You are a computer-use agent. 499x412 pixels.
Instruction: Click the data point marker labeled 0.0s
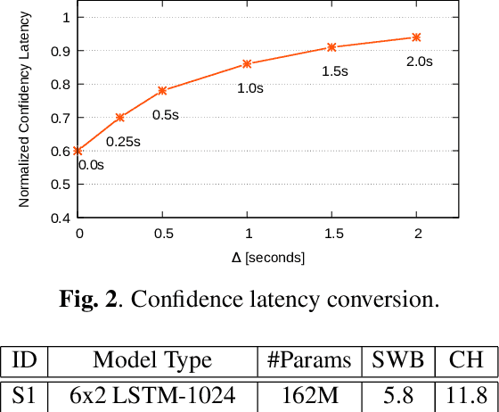point(78,151)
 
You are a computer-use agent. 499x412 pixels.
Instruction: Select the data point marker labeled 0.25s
point(120,118)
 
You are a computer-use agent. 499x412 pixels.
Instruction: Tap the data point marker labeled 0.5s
point(162,90)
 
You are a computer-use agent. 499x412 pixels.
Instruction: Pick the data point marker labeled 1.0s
point(247,63)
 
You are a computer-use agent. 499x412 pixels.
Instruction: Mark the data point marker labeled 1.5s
point(331,47)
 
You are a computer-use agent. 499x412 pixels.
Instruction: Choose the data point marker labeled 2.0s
point(416,37)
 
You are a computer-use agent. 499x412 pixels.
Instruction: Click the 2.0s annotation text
point(419,62)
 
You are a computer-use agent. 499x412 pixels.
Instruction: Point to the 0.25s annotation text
point(123,141)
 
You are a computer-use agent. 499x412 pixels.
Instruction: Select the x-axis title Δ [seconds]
point(268,257)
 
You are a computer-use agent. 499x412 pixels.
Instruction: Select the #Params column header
point(308,360)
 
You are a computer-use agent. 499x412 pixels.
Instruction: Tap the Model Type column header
point(152,360)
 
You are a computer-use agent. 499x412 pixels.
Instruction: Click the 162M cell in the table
point(308,395)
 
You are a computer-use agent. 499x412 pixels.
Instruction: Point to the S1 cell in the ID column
point(25,395)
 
